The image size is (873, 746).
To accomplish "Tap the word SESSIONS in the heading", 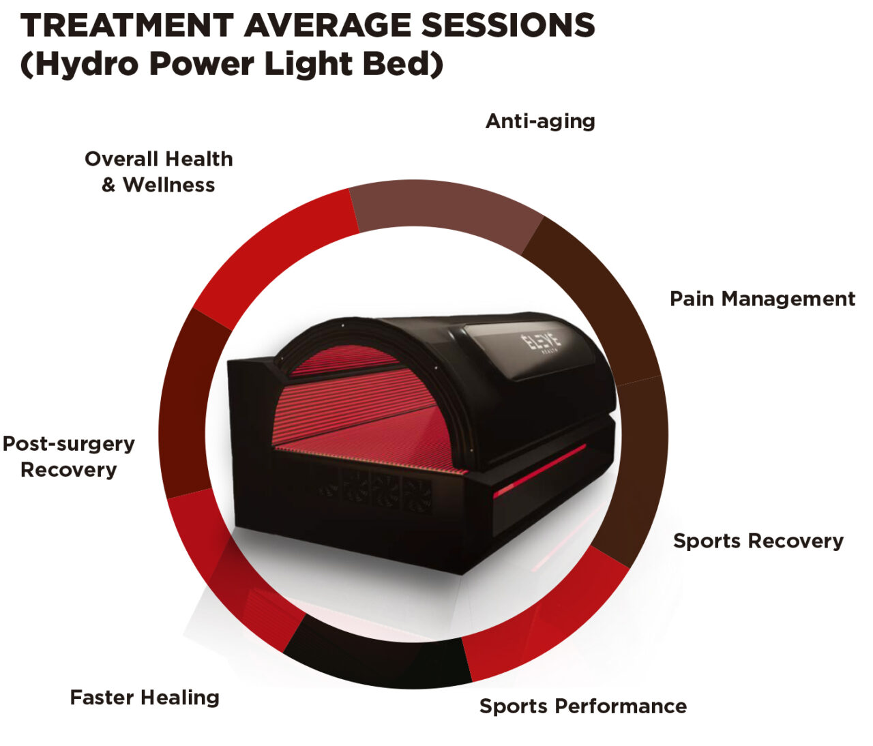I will [507, 26].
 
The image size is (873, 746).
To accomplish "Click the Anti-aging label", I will [540, 121].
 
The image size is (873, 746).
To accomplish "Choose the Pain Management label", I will [762, 299].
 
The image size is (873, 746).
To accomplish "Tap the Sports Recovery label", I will [758, 541].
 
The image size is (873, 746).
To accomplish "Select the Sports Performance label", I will [582, 706].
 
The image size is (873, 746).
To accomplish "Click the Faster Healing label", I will [145, 698].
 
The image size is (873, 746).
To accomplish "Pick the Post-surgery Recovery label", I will [68, 456].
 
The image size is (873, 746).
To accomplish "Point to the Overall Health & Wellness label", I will [158, 172].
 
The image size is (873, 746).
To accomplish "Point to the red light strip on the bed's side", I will [539, 471].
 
